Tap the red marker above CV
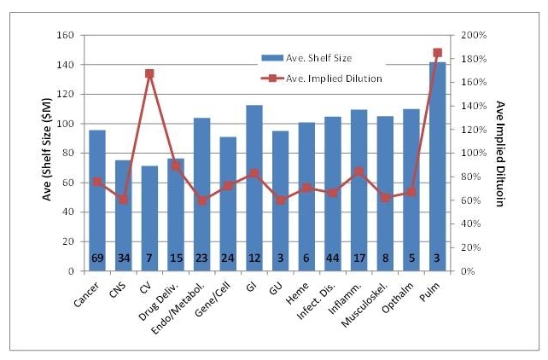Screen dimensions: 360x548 pos(149,73)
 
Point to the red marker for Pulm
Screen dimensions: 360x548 pos(437,53)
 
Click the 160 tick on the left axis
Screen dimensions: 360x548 pos(66,36)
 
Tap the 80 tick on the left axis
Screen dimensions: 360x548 pos(68,154)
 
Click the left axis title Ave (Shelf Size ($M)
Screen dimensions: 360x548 pos(49,154)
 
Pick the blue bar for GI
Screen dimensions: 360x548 pos(254,188)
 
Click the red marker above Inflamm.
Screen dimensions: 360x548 pos(359,171)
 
